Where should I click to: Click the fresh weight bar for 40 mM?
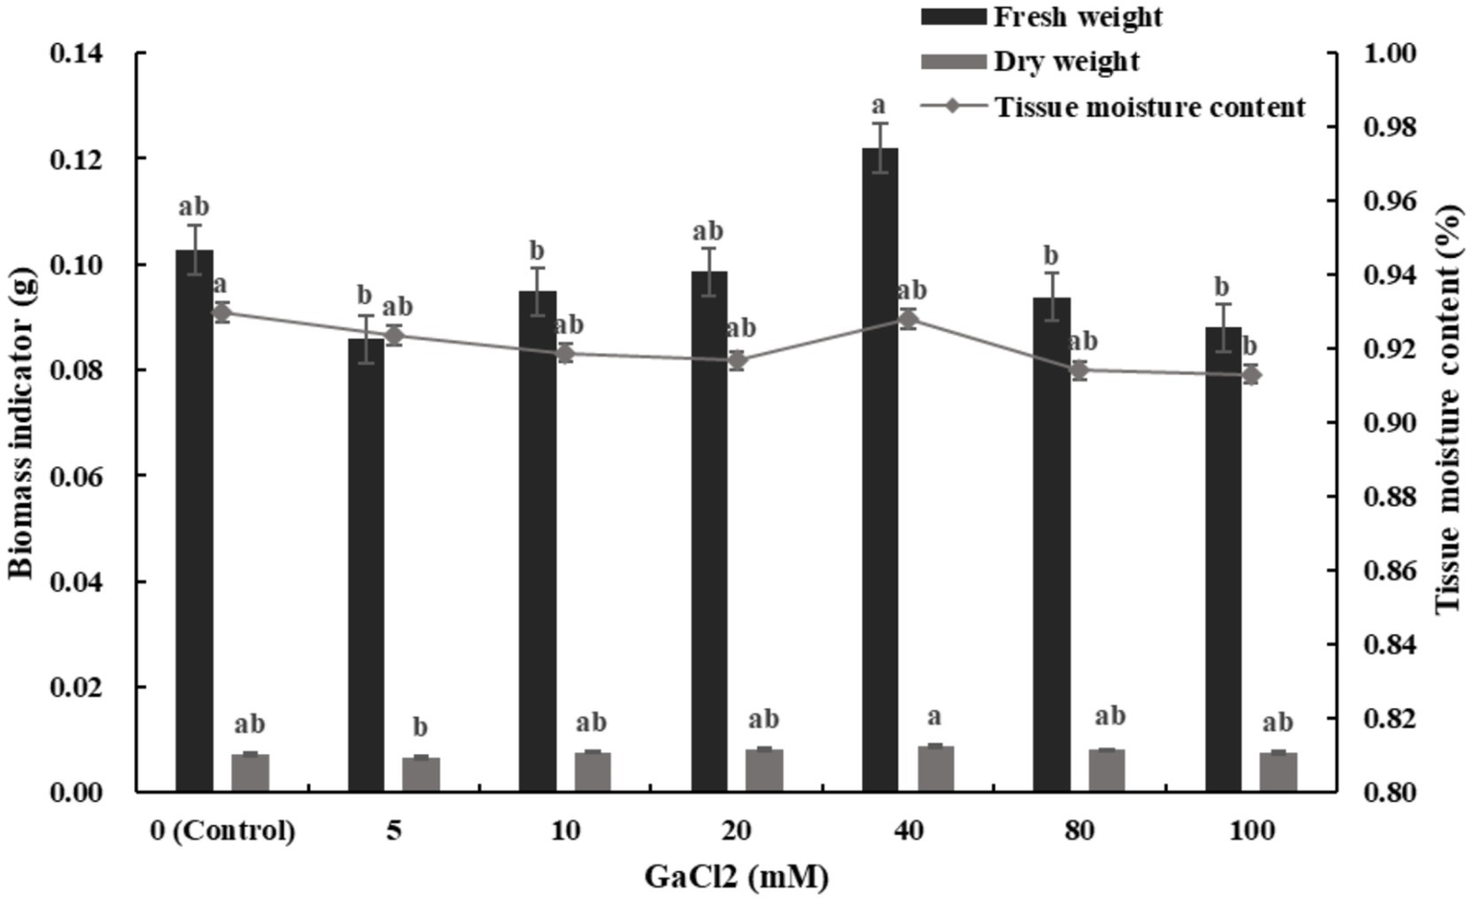pos(880,470)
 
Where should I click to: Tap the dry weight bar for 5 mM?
pos(421,774)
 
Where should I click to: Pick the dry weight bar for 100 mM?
pos(1278,772)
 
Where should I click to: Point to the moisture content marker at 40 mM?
pos(909,320)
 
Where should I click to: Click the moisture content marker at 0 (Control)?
pos(222,312)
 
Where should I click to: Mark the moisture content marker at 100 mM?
pos(1251,374)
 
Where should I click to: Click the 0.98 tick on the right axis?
pos(1390,127)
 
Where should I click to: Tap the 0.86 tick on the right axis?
pos(1390,571)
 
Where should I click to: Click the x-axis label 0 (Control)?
pos(222,830)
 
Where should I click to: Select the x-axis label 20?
pos(737,830)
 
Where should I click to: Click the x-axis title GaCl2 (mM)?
pos(736,876)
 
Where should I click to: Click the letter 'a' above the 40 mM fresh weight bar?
pos(879,105)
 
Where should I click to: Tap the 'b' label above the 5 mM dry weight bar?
pos(420,727)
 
